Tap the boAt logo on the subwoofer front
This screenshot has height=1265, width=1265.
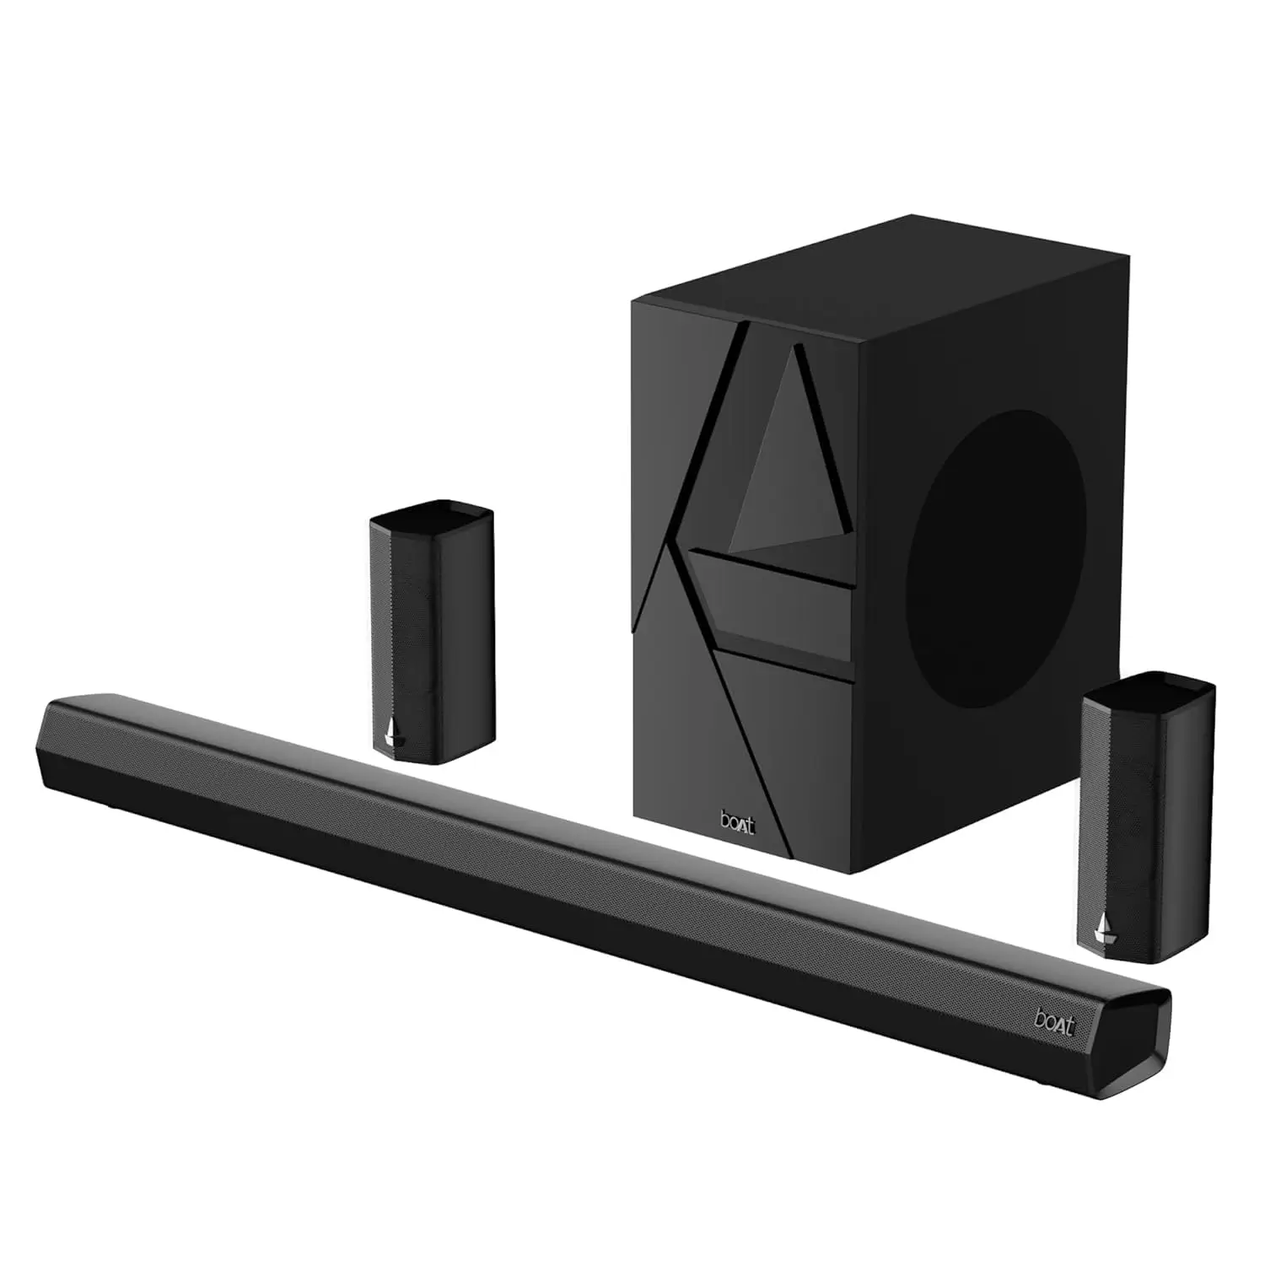tap(737, 822)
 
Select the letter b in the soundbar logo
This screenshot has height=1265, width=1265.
tap(1040, 1018)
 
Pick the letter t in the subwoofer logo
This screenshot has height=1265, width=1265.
tap(750, 824)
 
